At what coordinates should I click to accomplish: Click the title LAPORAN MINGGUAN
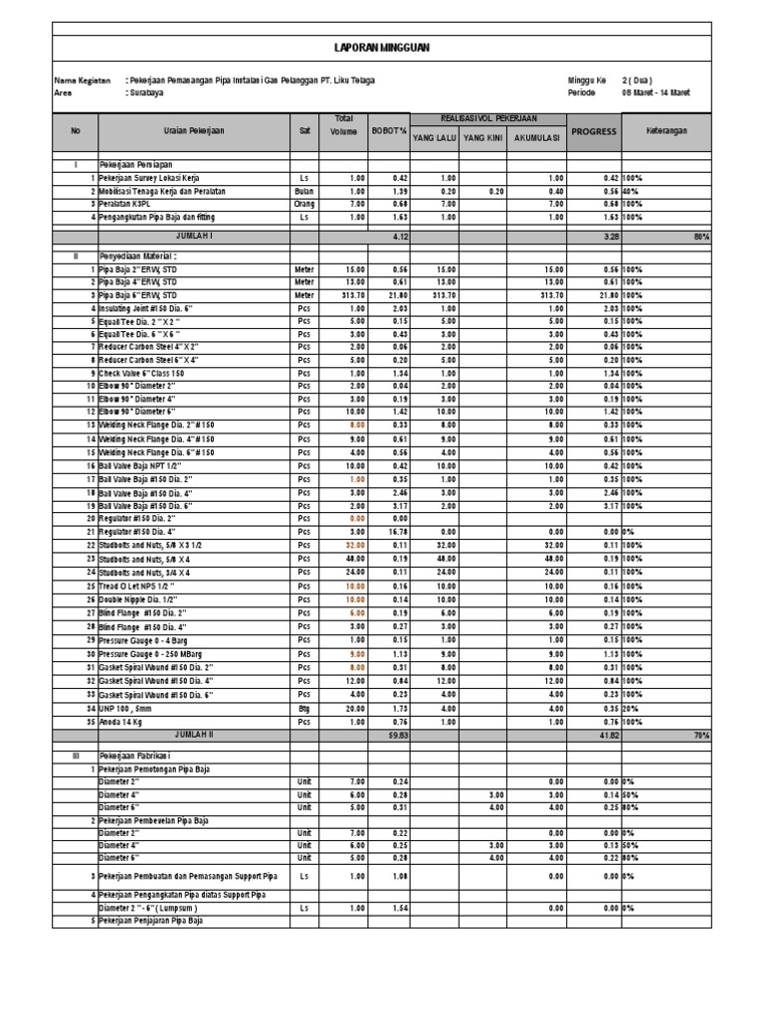pos(382,47)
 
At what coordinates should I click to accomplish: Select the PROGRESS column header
pos(593,131)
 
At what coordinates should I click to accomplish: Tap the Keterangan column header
pos(666,131)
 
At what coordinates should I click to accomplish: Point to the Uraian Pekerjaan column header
pos(194,131)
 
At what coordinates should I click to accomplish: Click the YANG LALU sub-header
pos(434,138)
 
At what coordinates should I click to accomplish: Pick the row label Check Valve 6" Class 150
pos(142,373)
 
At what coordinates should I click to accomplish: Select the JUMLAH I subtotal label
pos(194,237)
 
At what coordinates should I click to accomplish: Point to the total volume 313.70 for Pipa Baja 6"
pos(352,295)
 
